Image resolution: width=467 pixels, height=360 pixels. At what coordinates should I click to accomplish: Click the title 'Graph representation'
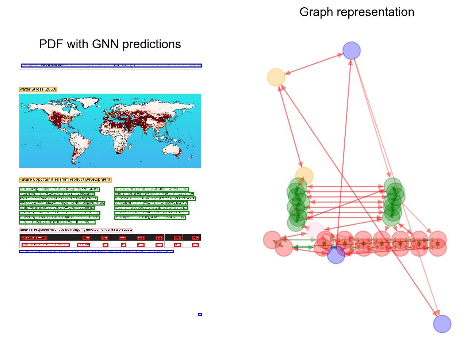point(357,12)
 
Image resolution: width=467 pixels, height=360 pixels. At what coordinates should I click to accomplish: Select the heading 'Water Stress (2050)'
point(38,89)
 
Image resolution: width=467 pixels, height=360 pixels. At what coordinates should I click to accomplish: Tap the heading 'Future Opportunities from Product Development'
point(65,180)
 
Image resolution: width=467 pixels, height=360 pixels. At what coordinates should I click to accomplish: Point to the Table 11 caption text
point(76,230)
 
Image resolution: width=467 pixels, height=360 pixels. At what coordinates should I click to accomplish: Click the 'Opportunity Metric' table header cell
point(34,238)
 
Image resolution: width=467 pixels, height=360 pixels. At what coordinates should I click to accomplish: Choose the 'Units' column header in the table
point(86,238)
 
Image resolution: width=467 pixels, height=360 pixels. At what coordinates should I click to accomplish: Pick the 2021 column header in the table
point(141,238)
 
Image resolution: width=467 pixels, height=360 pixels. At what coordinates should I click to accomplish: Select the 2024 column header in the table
point(195,238)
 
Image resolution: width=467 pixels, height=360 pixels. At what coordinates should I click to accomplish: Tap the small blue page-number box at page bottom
point(200,314)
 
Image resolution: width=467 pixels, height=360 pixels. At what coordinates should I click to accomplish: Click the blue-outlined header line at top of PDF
point(111,66)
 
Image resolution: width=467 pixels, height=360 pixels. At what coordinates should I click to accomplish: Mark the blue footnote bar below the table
point(96,252)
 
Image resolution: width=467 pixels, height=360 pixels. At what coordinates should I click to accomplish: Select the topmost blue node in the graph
point(351,50)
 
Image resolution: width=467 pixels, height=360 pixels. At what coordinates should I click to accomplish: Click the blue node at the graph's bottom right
point(442,324)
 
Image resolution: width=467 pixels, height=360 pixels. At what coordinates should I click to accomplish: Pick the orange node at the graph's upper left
point(276,77)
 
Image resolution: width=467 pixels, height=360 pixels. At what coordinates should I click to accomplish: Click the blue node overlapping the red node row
point(336,254)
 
